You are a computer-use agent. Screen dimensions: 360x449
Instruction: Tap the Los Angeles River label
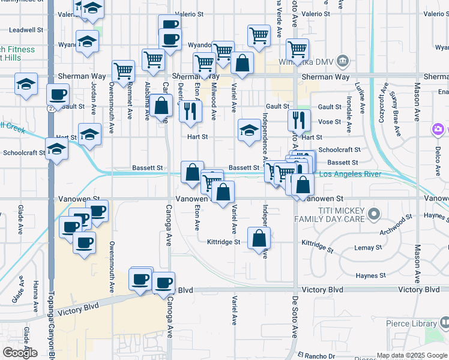(350, 175)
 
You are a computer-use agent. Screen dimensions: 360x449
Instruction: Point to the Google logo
(20, 353)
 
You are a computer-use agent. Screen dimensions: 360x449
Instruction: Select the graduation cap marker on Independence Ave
(249, 130)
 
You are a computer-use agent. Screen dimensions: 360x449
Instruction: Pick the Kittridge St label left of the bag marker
(223, 242)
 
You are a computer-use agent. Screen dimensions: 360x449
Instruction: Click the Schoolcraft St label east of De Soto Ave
(339, 149)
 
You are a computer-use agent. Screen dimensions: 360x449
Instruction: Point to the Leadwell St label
(26, 29)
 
